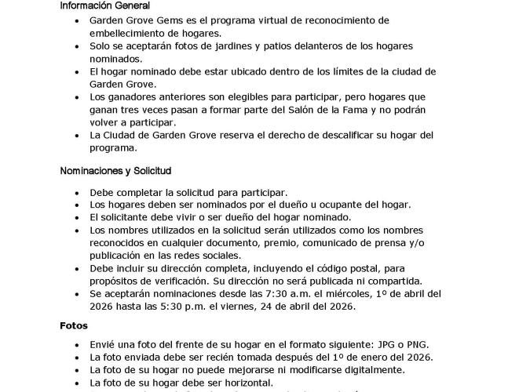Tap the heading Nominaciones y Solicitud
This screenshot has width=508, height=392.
[115, 170]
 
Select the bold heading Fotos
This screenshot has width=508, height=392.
[74, 324]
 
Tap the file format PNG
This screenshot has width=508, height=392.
[424, 345]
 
